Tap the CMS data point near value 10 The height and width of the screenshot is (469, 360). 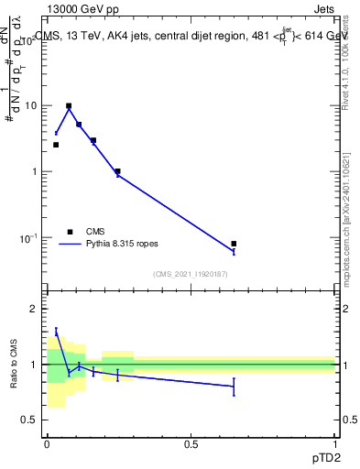(x=69, y=105)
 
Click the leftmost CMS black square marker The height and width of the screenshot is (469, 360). (x=56, y=145)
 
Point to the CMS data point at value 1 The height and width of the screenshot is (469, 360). (x=118, y=171)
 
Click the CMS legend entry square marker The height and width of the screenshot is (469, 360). (x=70, y=232)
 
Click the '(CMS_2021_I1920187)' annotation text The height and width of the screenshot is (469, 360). (x=191, y=274)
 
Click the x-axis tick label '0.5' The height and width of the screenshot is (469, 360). (x=191, y=444)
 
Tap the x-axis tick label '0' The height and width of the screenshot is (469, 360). (x=47, y=444)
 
